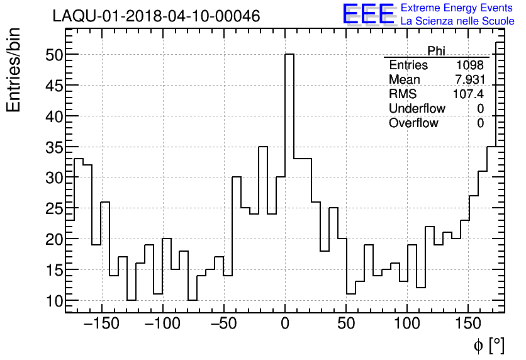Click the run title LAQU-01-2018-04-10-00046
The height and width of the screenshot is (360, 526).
(156, 16)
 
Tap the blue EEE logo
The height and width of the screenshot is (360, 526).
(368, 14)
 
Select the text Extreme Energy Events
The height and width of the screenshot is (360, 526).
(457, 8)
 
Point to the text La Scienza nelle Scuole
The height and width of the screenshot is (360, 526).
(457, 21)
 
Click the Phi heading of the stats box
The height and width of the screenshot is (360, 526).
(436, 51)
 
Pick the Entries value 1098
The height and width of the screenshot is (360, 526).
(470, 65)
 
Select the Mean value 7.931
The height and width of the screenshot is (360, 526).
(470, 80)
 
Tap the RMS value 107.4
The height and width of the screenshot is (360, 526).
(469, 94)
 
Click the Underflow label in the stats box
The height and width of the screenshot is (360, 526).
(417, 109)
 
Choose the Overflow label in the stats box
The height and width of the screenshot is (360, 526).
(413, 123)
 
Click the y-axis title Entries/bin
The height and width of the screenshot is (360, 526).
(14, 70)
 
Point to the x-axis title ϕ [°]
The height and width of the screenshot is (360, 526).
(488, 345)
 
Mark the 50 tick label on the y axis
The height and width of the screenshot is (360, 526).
(54, 55)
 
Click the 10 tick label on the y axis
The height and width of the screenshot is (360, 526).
(54, 301)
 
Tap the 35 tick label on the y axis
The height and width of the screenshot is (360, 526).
(54, 147)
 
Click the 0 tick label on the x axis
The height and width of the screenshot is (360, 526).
(285, 325)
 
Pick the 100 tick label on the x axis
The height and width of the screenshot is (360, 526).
(407, 325)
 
